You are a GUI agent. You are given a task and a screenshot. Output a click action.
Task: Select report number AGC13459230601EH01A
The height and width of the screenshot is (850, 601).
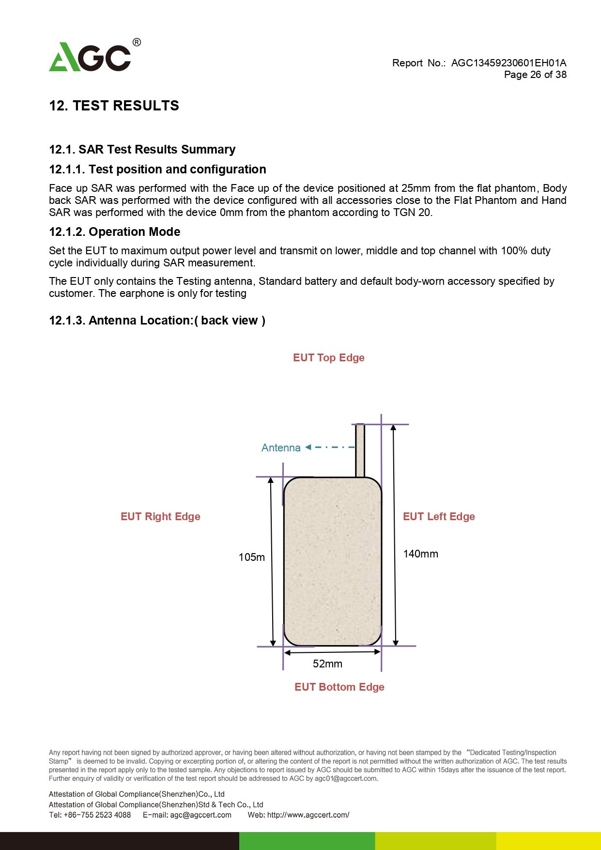509,63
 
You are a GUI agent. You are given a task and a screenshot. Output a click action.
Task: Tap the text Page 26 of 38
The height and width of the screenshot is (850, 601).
535,75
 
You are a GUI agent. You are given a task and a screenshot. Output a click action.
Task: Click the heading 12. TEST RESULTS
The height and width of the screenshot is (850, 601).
114,106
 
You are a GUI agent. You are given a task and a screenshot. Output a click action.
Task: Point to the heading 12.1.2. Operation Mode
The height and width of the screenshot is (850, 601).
115,232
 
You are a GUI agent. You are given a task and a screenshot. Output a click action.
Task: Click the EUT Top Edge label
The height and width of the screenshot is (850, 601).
329,358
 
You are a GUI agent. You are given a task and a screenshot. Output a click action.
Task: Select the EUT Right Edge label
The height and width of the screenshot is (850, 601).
160,517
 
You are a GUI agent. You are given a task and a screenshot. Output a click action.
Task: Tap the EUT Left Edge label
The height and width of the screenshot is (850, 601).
439,517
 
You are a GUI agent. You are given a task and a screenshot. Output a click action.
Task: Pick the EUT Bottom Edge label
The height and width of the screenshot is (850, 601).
339,687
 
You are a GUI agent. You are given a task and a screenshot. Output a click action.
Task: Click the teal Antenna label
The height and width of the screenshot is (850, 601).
281,448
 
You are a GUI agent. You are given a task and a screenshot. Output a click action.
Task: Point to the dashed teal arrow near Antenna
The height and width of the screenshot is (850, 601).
330,448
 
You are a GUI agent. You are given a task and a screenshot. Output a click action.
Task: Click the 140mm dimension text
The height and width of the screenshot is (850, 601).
420,554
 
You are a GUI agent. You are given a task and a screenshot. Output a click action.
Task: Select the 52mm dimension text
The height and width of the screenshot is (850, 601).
327,664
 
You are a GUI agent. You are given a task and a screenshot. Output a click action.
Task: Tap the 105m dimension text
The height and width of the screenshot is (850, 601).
252,557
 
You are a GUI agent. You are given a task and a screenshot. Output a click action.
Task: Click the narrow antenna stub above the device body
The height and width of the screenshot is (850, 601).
360,450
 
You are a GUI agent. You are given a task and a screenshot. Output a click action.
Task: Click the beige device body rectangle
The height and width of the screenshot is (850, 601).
333,561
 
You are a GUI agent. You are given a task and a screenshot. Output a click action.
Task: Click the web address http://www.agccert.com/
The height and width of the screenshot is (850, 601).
308,815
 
